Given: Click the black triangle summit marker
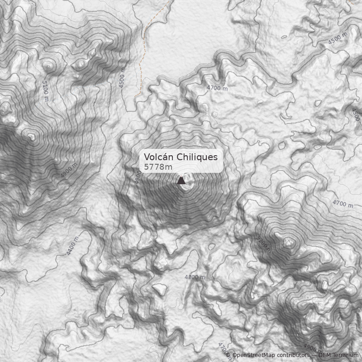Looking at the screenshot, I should [181, 181].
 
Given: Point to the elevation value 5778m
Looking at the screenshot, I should [158, 167].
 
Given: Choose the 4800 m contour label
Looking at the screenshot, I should [195, 277].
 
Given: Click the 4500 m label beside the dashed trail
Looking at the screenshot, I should [122, 78].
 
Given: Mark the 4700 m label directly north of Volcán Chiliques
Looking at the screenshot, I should [217, 88].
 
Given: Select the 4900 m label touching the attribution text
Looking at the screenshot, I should [313, 348].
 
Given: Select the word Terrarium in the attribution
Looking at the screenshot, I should [346, 356].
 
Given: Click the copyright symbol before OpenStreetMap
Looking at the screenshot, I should [228, 356].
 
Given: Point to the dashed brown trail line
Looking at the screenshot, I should [143, 50].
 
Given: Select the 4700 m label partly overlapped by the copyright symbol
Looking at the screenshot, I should [222, 349].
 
